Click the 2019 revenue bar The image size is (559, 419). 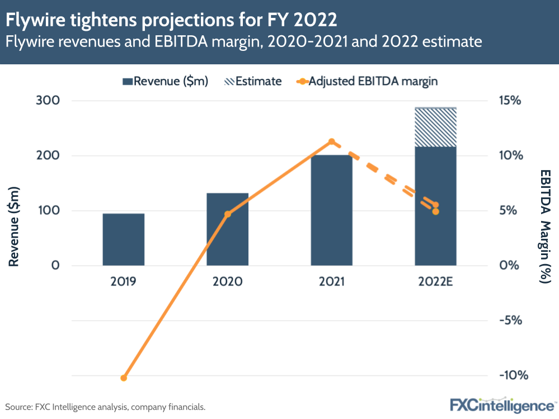[x=124, y=239]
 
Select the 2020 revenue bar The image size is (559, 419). [x=227, y=229]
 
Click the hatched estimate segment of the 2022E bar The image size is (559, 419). [x=435, y=127]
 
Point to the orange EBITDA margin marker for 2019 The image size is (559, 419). [x=124, y=378]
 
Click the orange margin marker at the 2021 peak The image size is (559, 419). [x=331, y=142]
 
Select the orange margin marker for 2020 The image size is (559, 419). [x=227, y=214]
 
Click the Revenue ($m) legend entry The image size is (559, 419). [x=166, y=81]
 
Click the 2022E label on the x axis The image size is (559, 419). [x=435, y=281]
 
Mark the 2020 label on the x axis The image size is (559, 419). [x=227, y=281]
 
